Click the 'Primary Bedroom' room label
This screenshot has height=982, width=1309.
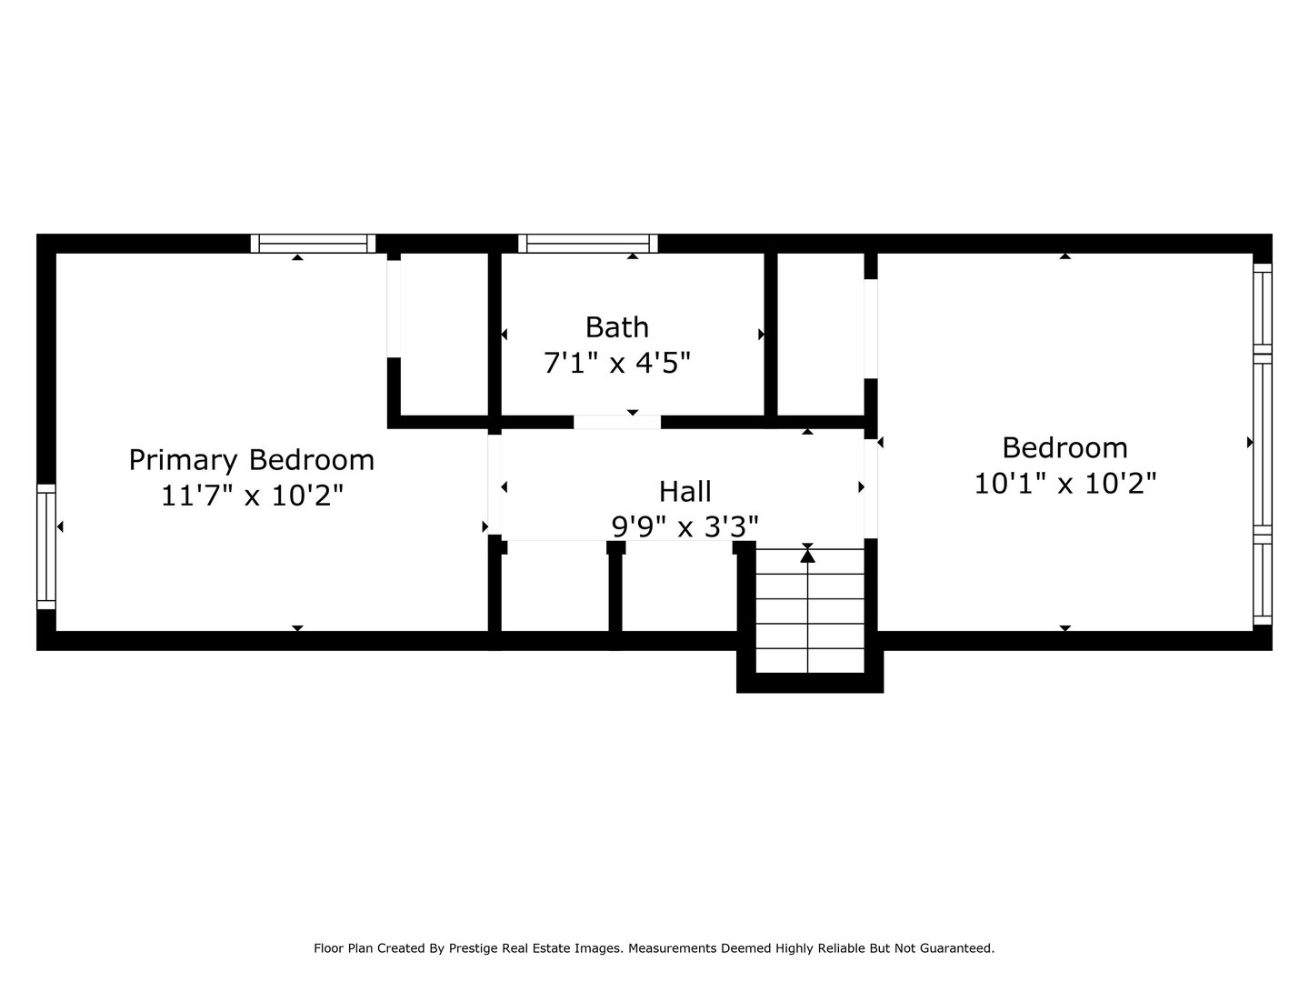pos(251,460)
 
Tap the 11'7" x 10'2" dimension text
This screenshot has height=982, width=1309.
pos(252,496)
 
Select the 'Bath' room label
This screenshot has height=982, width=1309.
pos(616,326)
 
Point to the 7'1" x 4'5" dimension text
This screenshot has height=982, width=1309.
pos(616,363)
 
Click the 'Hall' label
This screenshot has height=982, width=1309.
pos(684,491)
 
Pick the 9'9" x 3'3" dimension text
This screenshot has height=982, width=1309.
pos(684,526)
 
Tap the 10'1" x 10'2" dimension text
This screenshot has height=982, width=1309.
pos(1064,483)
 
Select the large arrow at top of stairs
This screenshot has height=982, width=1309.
pos(807,556)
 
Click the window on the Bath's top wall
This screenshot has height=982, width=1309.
pos(588,243)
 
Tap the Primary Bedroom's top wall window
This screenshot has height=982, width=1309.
pos(313,243)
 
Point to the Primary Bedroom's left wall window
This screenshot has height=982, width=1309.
pos(46,546)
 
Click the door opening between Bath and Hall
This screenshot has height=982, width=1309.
pos(616,422)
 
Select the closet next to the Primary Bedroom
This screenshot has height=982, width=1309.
pos(444,333)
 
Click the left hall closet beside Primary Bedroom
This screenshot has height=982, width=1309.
pos(555,586)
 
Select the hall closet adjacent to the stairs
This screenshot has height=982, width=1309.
pos(678,586)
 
